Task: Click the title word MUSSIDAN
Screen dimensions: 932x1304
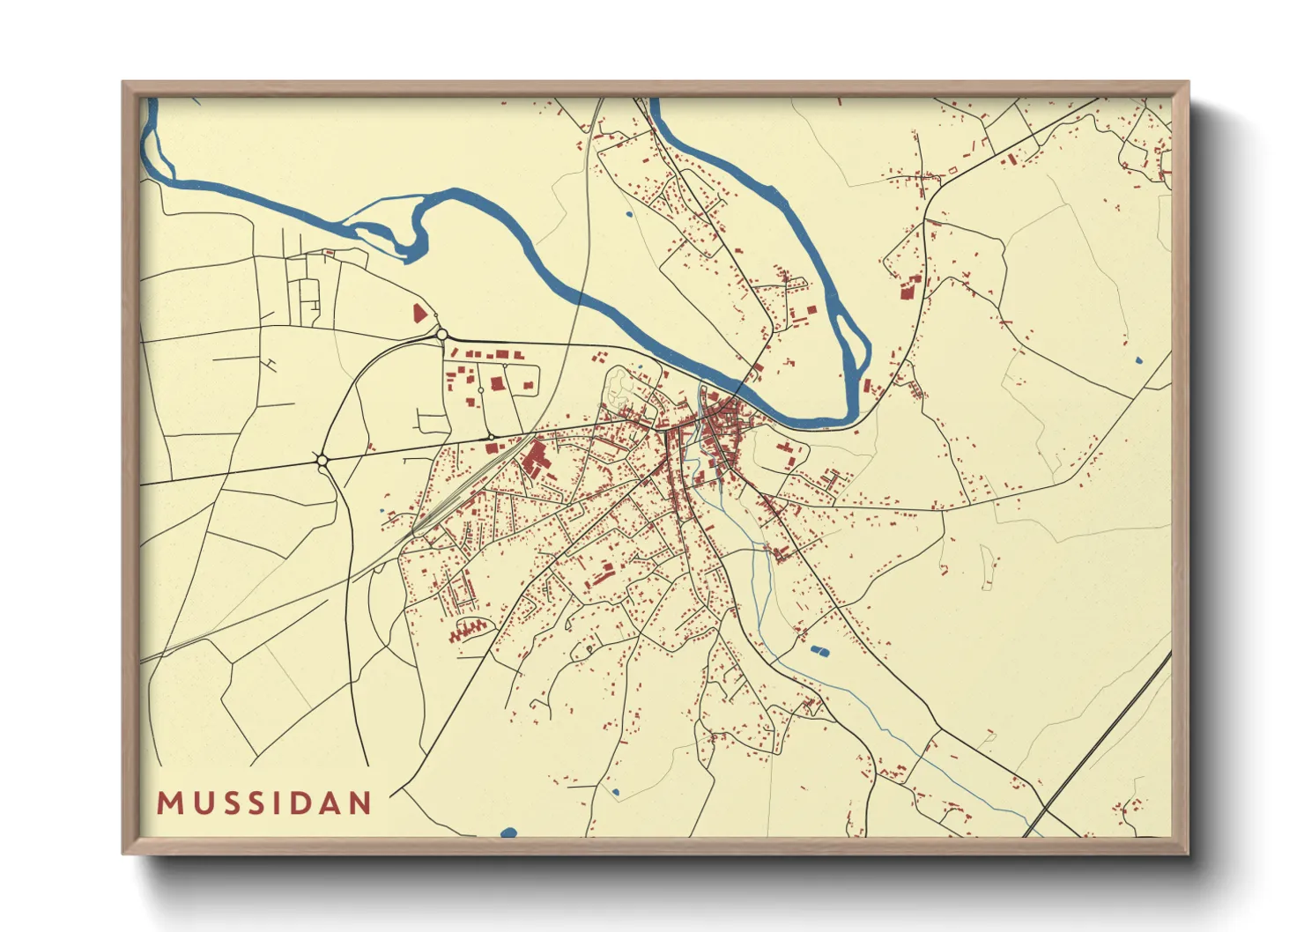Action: coord(264,803)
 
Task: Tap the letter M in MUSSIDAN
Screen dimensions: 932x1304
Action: coord(169,803)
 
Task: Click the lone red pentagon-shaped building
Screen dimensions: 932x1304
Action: coord(419,313)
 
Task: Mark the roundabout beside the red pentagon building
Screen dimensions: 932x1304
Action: coord(441,335)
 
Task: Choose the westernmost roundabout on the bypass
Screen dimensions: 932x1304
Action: coord(322,460)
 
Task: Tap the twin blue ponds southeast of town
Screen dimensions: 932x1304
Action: coord(819,652)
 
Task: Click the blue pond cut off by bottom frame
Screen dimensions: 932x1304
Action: coord(508,832)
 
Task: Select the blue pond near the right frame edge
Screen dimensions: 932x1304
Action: coord(1137,360)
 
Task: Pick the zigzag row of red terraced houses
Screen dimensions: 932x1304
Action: coord(468,629)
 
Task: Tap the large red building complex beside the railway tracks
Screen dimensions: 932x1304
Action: coord(534,460)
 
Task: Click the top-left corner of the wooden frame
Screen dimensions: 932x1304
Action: coord(124,84)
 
